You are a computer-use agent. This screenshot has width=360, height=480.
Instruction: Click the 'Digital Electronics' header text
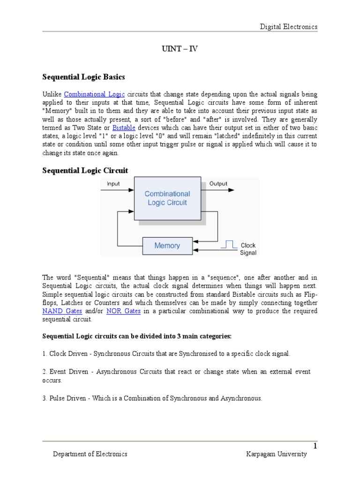click(x=289, y=27)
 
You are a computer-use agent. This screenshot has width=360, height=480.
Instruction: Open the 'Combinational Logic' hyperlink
click(x=94, y=94)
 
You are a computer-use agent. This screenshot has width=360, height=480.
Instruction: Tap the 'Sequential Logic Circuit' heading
click(x=85, y=170)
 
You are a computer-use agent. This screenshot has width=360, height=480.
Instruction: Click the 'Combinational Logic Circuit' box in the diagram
click(x=167, y=198)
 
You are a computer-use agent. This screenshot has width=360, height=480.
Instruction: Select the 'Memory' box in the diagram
click(x=167, y=246)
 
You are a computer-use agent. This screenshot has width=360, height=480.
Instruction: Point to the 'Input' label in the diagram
click(x=113, y=184)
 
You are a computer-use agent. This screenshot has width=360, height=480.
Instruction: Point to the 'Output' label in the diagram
click(x=218, y=184)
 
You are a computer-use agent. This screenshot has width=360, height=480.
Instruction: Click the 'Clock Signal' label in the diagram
click(x=248, y=249)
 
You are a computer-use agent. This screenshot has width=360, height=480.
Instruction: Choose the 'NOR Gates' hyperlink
click(x=124, y=311)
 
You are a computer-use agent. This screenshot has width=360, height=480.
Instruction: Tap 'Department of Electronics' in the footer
click(x=90, y=454)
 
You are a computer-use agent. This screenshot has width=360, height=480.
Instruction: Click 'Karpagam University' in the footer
click(x=277, y=454)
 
